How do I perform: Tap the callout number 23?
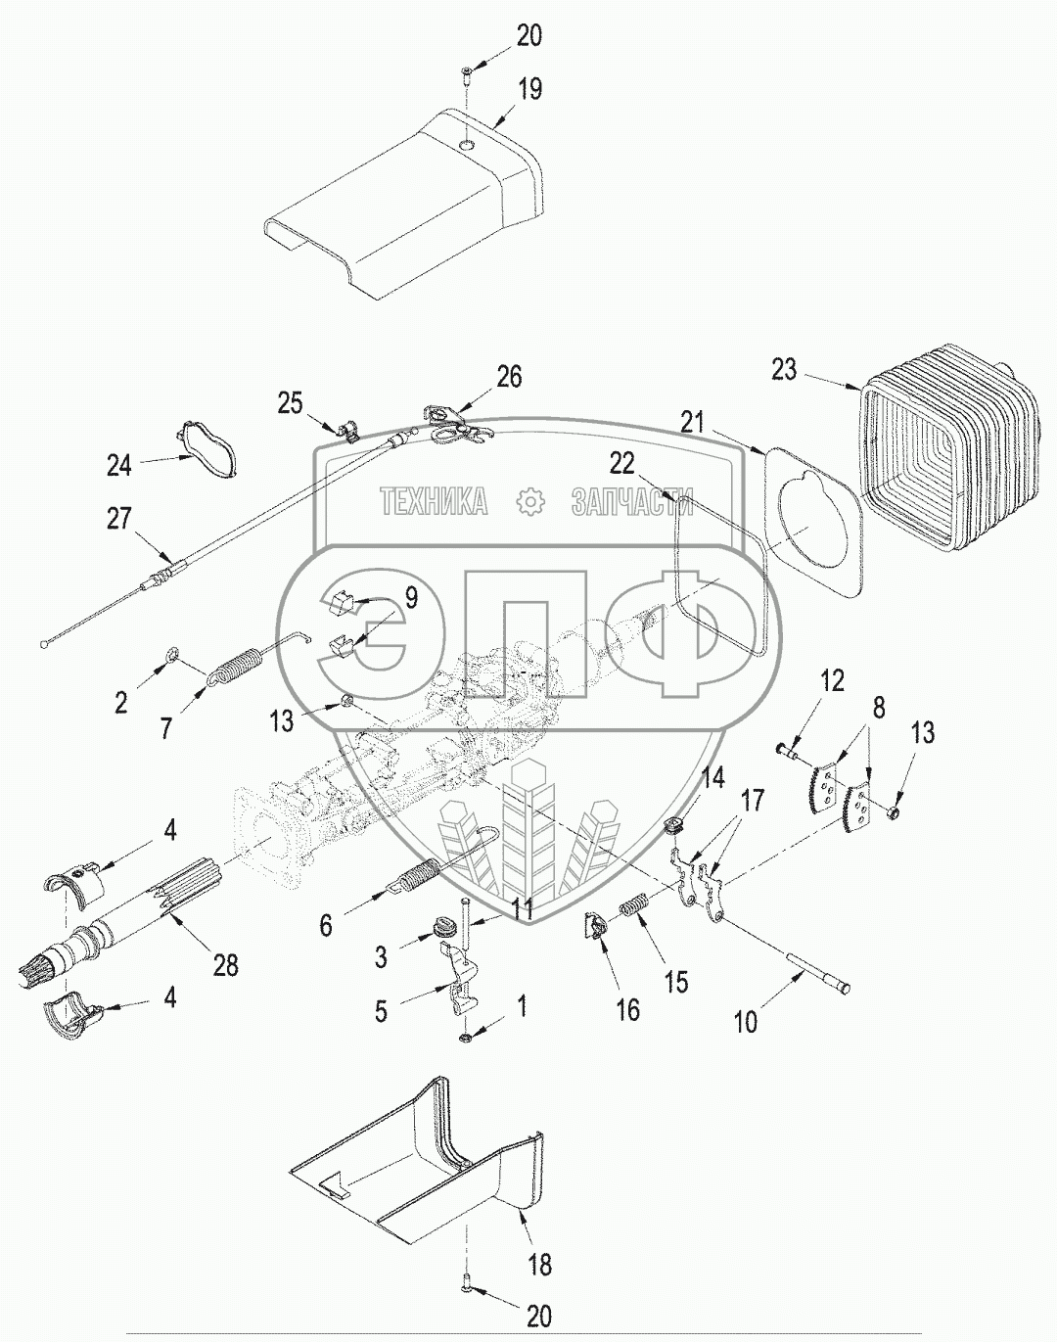tap(784, 371)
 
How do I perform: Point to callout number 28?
tap(225, 964)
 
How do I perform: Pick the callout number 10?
tap(746, 1022)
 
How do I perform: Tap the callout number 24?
tap(118, 465)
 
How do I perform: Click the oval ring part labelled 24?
tap(207, 450)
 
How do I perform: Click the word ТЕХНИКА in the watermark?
tap(435, 502)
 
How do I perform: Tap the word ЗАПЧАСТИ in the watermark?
tap(631, 502)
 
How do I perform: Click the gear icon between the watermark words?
tap(529, 502)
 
